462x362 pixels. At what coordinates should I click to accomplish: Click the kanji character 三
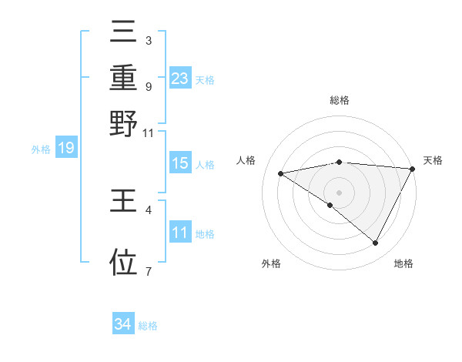124,33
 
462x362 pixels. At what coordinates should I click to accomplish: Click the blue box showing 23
180,79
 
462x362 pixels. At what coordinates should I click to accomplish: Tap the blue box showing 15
180,164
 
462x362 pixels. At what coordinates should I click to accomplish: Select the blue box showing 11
180,233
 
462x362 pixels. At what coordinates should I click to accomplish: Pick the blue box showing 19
66,149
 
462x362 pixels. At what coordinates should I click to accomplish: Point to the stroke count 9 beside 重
148,86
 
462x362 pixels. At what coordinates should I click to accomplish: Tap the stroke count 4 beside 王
148,209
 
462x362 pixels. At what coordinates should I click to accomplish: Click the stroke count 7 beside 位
148,270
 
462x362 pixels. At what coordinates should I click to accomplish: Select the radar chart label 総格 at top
340,100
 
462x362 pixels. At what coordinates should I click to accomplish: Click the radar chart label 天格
433,160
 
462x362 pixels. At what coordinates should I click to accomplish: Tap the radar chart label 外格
271,263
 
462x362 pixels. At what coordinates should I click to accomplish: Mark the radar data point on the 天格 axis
413,169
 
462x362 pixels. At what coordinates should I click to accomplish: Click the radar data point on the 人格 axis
281,173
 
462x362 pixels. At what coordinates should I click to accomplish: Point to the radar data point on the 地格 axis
376,243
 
